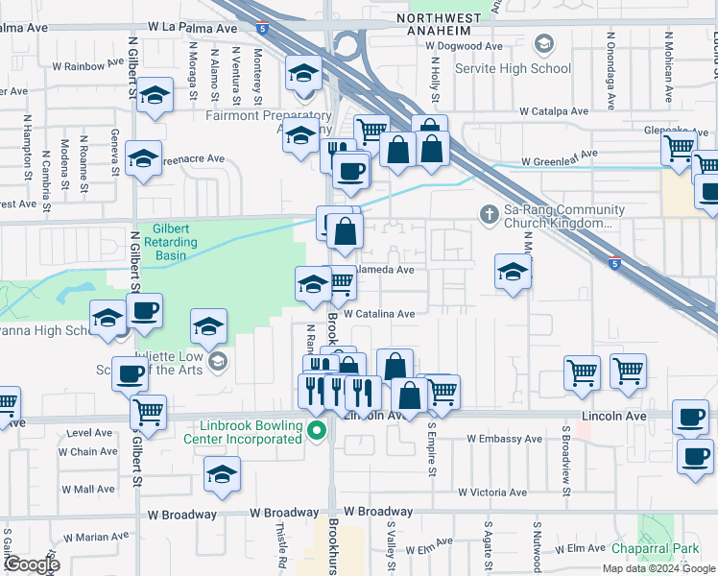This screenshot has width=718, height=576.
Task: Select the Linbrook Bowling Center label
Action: pyautogui.click(x=251, y=432)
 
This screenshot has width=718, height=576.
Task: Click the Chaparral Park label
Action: pyautogui.click(x=656, y=549)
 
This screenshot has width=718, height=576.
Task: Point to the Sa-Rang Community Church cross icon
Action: pyautogui.click(x=487, y=211)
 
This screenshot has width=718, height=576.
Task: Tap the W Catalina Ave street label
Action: pyautogui.click(x=378, y=314)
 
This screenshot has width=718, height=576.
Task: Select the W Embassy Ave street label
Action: pyautogui.click(x=505, y=439)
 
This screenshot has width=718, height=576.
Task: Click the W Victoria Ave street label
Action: pyautogui.click(x=492, y=492)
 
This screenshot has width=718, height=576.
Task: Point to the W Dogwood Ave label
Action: pyautogui.click(x=465, y=45)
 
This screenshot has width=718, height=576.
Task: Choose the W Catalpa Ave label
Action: pyautogui.click(x=553, y=111)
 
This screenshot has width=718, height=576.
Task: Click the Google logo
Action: pyautogui.click(x=31, y=564)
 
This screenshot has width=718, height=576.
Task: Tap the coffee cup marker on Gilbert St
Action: pyautogui.click(x=144, y=311)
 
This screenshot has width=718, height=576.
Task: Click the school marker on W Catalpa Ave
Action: pyautogui.click(x=302, y=75)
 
